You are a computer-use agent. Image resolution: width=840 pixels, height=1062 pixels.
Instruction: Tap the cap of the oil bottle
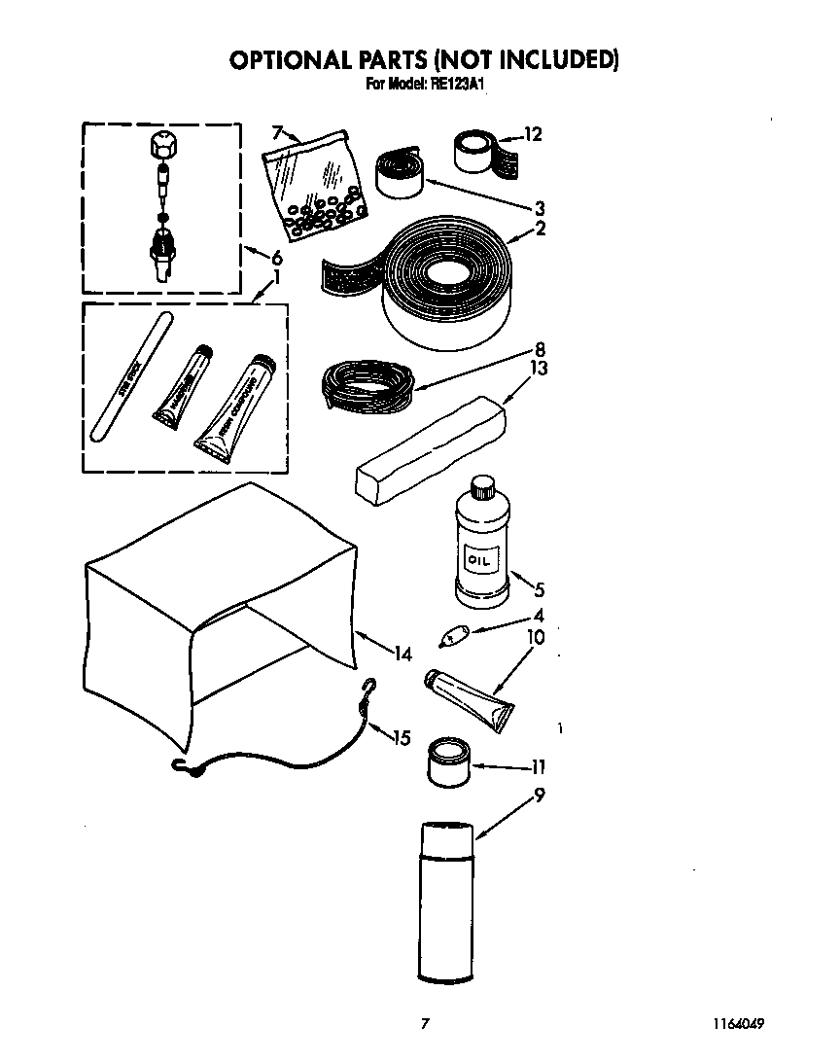click(482, 485)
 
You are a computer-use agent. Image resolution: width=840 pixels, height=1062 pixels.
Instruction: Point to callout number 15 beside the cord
click(402, 738)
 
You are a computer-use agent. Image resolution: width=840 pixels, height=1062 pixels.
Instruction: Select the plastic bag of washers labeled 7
click(314, 183)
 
